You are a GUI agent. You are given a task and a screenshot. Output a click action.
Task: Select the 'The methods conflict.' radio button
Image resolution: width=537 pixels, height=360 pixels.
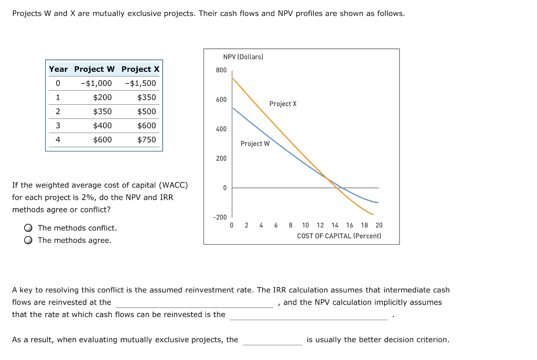coord(28,228)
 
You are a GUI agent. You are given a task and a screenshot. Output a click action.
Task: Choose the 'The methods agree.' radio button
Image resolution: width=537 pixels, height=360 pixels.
coord(28,241)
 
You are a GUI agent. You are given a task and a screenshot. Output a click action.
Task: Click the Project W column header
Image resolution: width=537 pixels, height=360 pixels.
coord(94,69)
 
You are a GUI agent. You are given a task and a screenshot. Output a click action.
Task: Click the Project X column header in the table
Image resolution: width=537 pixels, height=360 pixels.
coord(140,69)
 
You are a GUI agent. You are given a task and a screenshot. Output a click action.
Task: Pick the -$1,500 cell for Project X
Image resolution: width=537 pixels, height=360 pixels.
coord(141,83)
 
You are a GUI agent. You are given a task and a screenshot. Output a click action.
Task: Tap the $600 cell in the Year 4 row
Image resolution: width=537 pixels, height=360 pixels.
coord(102,139)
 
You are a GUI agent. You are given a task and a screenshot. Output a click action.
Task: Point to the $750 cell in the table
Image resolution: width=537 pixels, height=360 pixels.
coord(146,139)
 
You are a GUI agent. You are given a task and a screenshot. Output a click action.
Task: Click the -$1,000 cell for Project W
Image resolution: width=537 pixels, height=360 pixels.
coord(96,83)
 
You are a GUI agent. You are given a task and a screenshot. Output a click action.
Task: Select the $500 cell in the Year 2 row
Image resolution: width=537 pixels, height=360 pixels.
coord(146,111)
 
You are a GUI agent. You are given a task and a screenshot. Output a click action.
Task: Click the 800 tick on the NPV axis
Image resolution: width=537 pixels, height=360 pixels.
coord(221,70)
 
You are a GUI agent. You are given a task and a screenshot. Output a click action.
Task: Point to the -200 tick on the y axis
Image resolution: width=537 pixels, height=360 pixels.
coord(220,217)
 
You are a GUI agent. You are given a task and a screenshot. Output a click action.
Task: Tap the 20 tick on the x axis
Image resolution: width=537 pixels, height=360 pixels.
coord(379,225)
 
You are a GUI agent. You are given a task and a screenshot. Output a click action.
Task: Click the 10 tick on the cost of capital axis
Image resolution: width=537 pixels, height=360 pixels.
coord(305,225)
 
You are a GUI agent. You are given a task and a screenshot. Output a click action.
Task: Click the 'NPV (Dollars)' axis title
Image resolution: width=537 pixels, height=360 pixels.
coord(243,57)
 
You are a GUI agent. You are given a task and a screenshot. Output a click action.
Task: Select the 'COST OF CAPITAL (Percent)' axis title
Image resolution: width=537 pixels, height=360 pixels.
coord(339,236)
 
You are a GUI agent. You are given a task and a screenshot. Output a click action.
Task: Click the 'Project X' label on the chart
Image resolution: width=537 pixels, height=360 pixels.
coord(283,104)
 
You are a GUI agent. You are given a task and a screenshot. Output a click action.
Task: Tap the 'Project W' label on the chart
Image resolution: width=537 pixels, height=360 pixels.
coord(255,144)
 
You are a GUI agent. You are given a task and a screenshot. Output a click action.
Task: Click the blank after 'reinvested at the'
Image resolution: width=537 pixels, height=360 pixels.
coord(195,302)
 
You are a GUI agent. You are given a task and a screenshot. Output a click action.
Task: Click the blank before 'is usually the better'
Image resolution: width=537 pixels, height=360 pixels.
coord(272,340)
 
